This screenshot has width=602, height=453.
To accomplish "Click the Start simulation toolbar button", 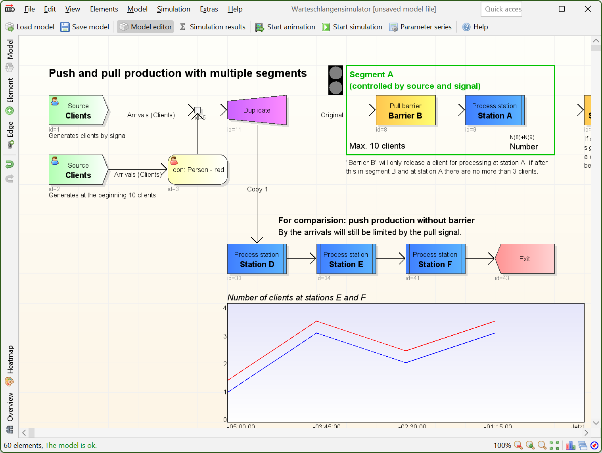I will point(352,27).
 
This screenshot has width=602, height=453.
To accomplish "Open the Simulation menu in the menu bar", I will point(173,9).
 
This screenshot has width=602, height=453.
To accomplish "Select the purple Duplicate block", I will point(257,110).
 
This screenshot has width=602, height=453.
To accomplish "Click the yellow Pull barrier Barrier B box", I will point(405,111).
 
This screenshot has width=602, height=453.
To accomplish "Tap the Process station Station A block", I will point(495,111).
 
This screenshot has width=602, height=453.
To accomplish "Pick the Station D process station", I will point(257,259).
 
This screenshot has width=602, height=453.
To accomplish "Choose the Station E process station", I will point(346,259).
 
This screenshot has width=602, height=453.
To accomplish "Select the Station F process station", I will point(435,259).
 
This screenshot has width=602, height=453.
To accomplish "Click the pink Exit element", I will point(525,259).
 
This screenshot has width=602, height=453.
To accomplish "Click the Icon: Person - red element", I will point(197,170).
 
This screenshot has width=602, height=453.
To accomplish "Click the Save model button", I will point(85,27).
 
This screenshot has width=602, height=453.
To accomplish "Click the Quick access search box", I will point(501,9).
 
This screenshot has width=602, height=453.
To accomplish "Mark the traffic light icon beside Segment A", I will point(336,80).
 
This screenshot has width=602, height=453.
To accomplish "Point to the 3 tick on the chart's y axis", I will point(225,336).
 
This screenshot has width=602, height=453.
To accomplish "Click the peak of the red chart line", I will point(316,321).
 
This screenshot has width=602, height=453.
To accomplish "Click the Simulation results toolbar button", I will point(213,27).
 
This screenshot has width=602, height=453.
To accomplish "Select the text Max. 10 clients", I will point(377,146).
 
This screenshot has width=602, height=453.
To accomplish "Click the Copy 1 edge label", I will point(257,189).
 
